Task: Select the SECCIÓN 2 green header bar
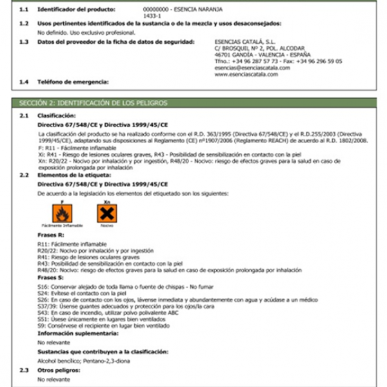[193, 103]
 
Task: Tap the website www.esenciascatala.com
[246, 74]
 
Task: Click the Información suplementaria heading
[78, 333]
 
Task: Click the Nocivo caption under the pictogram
[106, 226]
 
